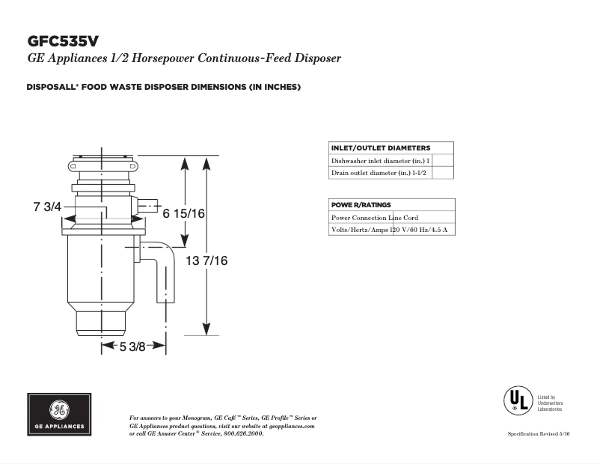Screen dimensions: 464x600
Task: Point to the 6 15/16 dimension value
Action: point(184,213)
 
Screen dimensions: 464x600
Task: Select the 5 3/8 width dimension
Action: point(132,346)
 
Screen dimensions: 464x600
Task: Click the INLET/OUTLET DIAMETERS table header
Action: point(381,147)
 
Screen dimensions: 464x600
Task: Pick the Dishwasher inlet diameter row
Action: point(381,161)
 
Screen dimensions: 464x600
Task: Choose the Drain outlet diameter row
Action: point(382,174)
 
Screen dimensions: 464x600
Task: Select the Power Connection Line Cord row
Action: point(375,218)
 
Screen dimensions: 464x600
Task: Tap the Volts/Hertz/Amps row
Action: point(389,230)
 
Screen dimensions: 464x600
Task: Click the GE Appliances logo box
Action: point(61,414)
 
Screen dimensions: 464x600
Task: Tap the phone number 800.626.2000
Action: point(244,433)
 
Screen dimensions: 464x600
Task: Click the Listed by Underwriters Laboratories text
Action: point(550,403)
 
